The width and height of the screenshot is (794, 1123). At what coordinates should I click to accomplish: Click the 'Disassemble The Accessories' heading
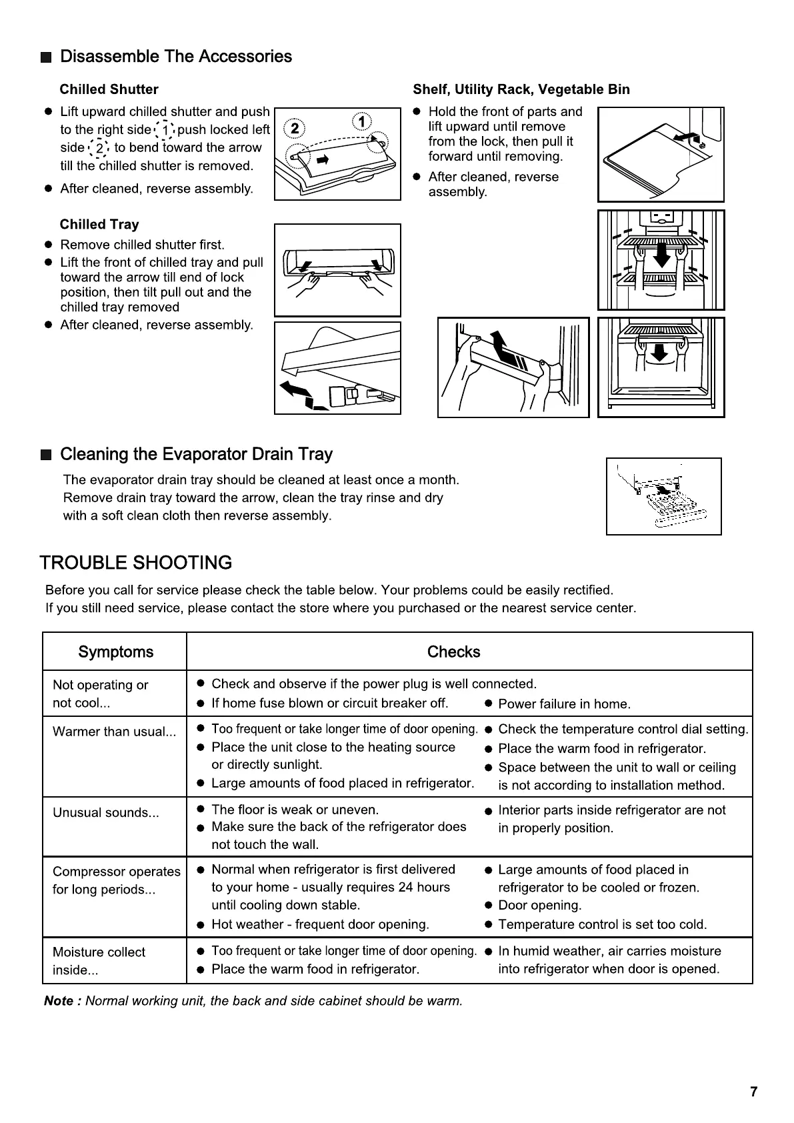(175, 57)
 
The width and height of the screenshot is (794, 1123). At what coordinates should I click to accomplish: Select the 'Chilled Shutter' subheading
(109, 90)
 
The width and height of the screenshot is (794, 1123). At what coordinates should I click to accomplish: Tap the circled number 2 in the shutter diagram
(295, 128)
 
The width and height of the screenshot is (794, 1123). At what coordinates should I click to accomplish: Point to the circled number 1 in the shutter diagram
(362, 122)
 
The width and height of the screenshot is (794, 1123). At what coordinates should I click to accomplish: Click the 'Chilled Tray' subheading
(99, 225)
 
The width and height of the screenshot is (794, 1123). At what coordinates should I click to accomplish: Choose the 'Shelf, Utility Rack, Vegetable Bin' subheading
(521, 90)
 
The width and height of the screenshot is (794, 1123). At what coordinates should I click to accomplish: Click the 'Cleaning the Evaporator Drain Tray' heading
(196, 455)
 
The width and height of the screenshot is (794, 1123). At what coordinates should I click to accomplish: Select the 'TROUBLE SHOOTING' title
(136, 563)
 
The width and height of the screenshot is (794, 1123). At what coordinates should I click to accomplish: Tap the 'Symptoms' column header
(115, 652)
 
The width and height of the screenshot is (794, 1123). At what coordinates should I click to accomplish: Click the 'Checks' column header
(453, 652)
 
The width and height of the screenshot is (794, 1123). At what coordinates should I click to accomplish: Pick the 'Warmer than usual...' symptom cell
(114, 732)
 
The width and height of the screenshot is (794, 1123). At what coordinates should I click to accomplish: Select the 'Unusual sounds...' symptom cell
(106, 813)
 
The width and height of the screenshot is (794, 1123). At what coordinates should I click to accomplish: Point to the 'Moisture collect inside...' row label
(98, 961)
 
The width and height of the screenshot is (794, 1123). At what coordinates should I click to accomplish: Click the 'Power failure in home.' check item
(564, 704)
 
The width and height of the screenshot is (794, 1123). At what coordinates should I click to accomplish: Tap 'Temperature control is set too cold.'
(602, 925)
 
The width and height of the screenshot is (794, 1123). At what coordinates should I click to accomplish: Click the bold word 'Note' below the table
(59, 1001)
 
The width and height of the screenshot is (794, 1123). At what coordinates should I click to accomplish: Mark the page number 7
(753, 1092)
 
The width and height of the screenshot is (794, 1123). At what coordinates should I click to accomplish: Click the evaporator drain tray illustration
(663, 497)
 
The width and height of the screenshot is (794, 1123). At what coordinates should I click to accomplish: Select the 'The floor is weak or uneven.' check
(295, 810)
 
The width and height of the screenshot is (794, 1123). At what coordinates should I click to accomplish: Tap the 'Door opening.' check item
(539, 906)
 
